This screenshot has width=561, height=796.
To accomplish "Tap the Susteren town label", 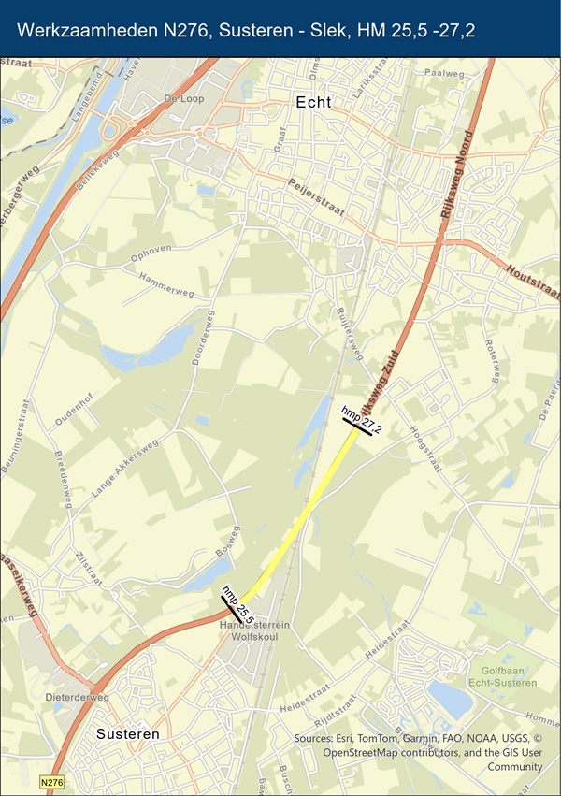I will [127, 734].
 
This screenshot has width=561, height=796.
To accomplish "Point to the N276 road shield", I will [51, 781].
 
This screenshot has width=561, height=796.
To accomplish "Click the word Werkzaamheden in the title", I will [84, 31].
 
